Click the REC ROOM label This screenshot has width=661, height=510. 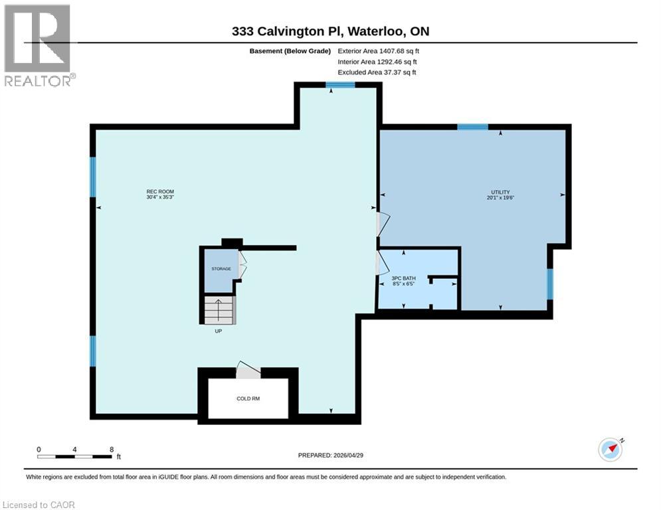(x=160, y=192)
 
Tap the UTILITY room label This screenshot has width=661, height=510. (x=500, y=192)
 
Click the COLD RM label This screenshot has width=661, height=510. (x=248, y=399)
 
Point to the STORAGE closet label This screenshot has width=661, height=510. (x=221, y=269)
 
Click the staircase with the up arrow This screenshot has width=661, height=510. (x=219, y=309)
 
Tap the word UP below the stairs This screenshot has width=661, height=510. (x=218, y=331)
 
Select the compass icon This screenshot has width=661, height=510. (x=611, y=449)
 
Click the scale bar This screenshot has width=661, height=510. (x=74, y=456)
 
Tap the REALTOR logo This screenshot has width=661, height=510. (x=38, y=46)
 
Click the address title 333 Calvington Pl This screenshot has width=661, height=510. (x=330, y=31)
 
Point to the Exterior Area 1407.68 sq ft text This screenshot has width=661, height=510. (x=379, y=50)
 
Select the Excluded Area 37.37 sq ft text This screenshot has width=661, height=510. (x=377, y=72)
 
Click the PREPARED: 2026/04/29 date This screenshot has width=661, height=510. (x=330, y=455)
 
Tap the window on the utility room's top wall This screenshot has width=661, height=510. (x=472, y=127)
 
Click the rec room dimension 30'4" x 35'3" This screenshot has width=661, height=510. (x=160, y=198)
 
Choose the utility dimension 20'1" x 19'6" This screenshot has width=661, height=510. (x=500, y=198)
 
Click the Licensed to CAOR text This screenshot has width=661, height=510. (x=40, y=505)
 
